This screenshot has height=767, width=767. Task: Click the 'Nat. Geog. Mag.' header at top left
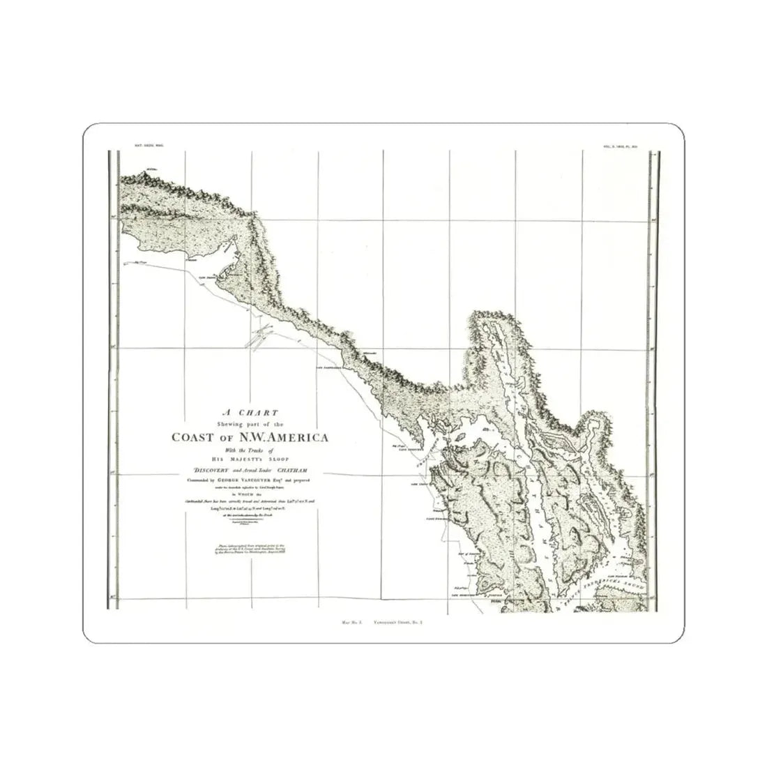(147, 146)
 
